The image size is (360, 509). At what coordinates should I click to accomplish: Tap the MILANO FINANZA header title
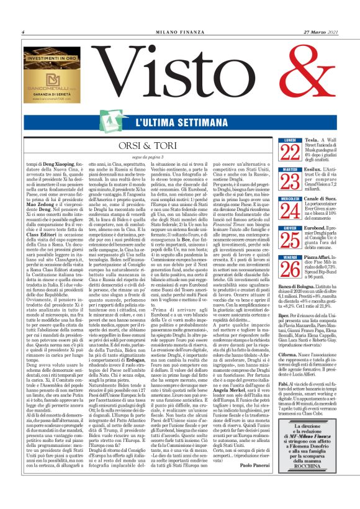181,32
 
